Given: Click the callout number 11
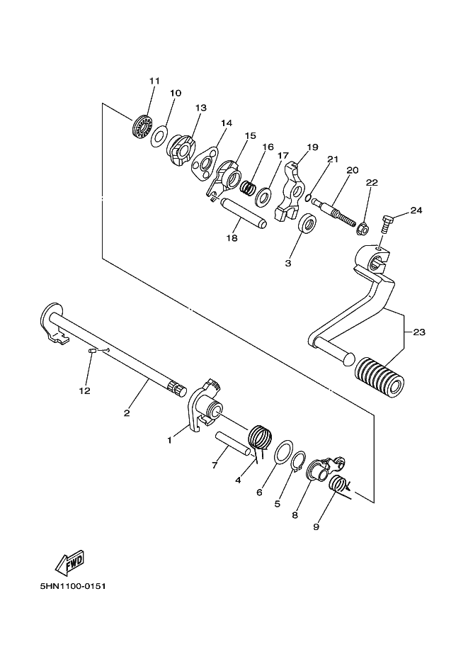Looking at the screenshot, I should (154, 81).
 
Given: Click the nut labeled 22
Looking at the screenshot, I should (360, 229).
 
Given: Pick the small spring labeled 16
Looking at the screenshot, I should (249, 188).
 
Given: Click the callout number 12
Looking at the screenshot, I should (84, 390).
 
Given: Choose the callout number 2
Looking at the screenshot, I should (127, 413).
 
